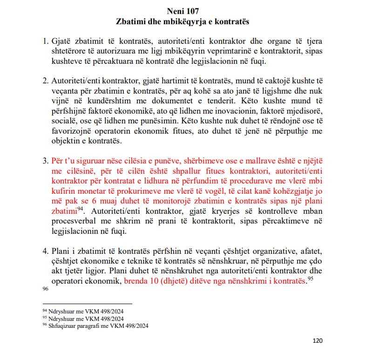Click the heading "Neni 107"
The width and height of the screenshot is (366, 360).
tap(183, 10)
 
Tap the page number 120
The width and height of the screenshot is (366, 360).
tap(317, 340)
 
